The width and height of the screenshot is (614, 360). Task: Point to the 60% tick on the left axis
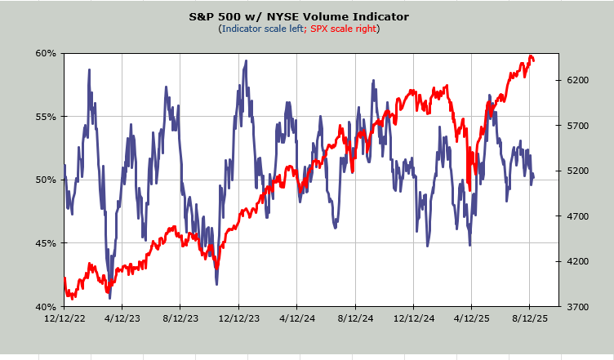click(46, 53)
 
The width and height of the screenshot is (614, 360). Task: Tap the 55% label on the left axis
click(46, 117)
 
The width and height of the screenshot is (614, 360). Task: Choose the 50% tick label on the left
click(46, 180)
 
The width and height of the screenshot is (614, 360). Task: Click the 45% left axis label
click(46, 243)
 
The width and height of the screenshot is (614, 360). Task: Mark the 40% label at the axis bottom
click(46, 307)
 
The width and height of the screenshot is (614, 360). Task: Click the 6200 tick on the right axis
click(578, 80)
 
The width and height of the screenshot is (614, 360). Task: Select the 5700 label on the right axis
click(578, 126)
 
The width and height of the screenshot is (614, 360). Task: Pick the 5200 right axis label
click(578, 171)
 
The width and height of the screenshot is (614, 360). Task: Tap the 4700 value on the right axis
click(578, 216)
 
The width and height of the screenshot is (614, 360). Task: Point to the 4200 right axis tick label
click(578, 261)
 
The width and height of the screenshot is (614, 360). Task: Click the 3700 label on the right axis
click(578, 307)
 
